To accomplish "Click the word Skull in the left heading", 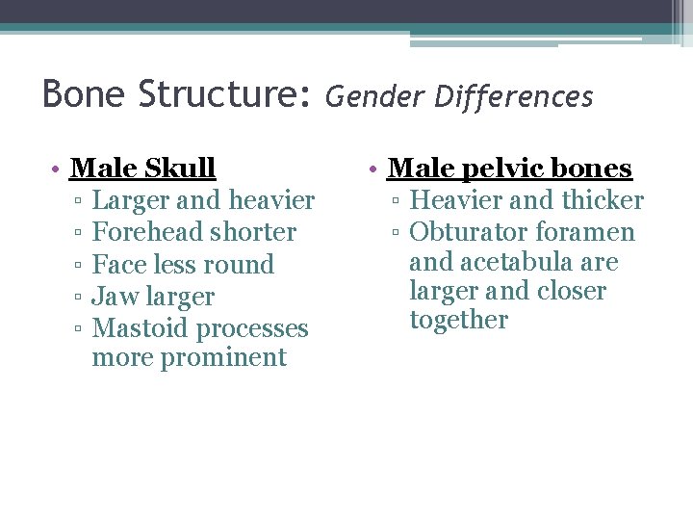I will pos(180,169).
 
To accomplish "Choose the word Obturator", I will pos(469,232).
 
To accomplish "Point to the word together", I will pos(458,320).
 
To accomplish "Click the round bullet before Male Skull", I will pos(59,169).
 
